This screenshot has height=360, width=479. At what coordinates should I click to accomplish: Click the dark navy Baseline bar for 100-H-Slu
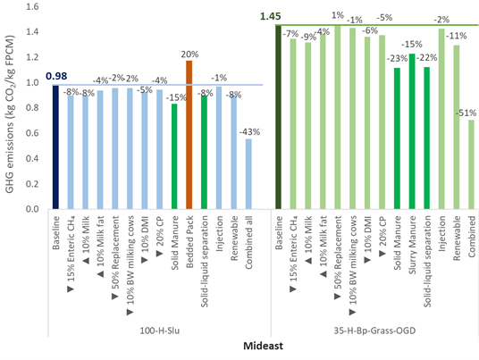point(55,147)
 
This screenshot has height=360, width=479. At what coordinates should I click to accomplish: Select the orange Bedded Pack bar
point(189,135)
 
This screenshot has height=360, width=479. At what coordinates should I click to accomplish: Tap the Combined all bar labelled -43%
point(248,173)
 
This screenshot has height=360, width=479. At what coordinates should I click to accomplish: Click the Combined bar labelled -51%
point(471,164)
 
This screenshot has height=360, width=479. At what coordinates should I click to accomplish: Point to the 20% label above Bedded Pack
point(189,53)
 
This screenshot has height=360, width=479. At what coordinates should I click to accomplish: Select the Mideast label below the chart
point(264,345)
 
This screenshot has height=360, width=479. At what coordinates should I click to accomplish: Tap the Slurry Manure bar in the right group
point(412,132)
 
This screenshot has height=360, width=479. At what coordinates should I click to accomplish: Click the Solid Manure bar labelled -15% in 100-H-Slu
point(174,156)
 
